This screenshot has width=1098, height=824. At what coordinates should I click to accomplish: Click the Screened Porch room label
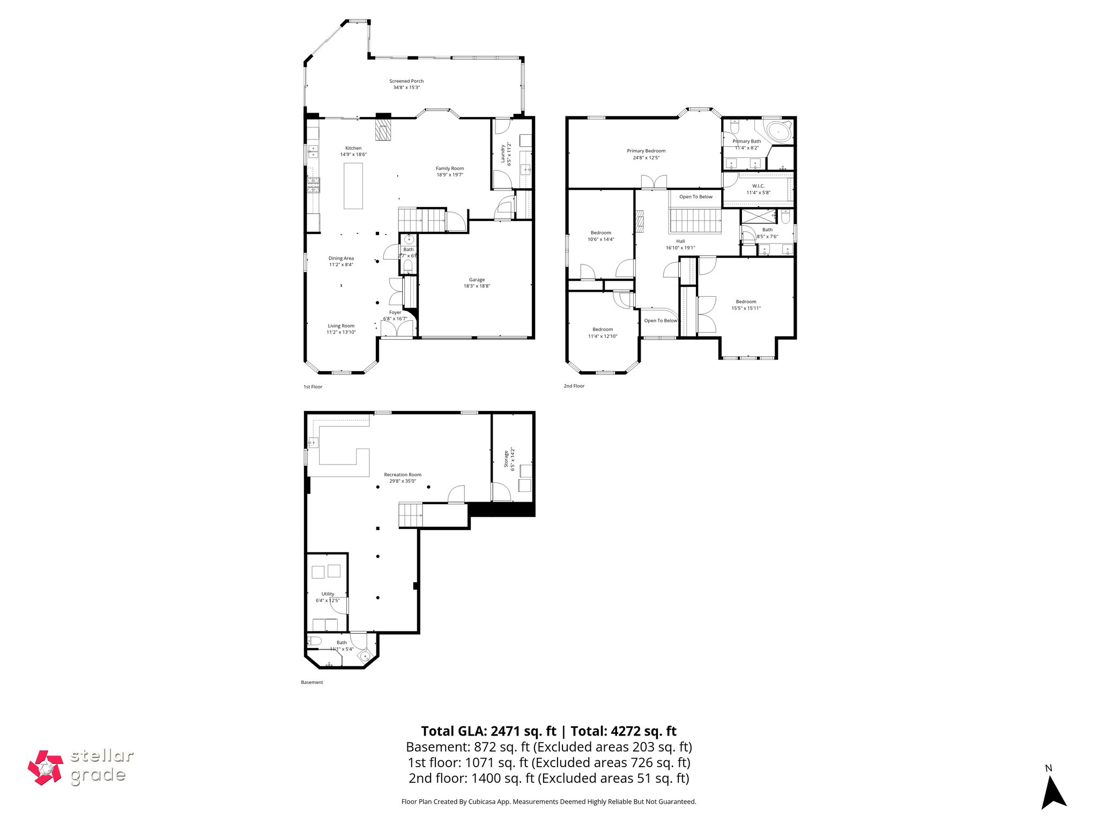(406, 81)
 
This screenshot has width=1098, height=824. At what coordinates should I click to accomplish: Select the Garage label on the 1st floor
(477, 279)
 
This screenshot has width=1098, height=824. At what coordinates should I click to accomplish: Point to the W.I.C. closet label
(758, 186)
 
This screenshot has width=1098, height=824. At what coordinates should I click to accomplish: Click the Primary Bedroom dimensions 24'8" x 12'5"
(646, 158)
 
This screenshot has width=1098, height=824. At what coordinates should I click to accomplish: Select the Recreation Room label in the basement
(402, 474)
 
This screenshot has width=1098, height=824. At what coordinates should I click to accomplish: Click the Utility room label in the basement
(328, 594)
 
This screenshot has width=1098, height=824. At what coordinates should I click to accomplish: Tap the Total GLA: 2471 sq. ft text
(489, 731)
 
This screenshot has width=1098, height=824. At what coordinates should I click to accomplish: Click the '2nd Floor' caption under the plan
(574, 386)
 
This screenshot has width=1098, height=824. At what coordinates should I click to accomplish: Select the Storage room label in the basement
(507, 459)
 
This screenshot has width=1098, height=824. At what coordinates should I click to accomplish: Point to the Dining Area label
(341, 258)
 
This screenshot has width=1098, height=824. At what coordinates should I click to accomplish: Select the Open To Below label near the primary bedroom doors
(696, 197)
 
